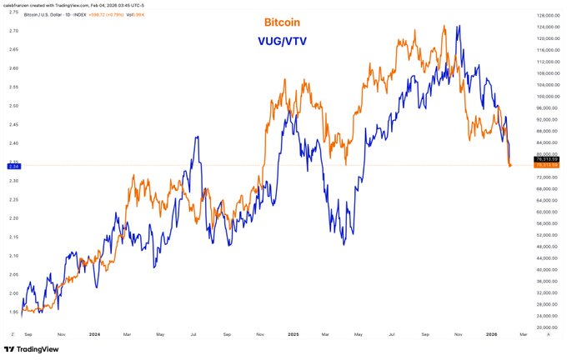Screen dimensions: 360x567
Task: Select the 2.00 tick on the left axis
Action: click(13, 293)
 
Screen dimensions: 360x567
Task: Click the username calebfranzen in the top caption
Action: click(20, 5)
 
